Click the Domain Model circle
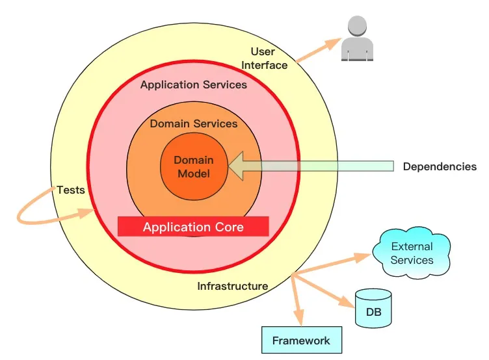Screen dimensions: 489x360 pos(194,166)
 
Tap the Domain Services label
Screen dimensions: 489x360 pos(194,123)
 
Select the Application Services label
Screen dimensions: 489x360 pos(194,84)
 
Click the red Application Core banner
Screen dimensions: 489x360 pos(193,227)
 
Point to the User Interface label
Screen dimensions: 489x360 pos(264,58)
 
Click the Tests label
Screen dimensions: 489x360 pos(71,190)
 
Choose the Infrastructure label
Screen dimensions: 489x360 pos(233,286)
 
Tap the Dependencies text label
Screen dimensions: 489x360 pos(440,166)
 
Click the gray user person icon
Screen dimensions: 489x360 pos(358,38)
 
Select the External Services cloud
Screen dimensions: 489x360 pos(412,253)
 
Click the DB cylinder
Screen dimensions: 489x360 pos(373,308)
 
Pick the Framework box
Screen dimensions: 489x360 pos(302,340)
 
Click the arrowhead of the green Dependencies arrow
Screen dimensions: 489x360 pos(236,166)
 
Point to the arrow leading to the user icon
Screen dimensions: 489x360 pos(319,50)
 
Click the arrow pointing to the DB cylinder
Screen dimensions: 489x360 pos(323,291)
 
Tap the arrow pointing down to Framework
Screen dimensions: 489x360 pos(297,300)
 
